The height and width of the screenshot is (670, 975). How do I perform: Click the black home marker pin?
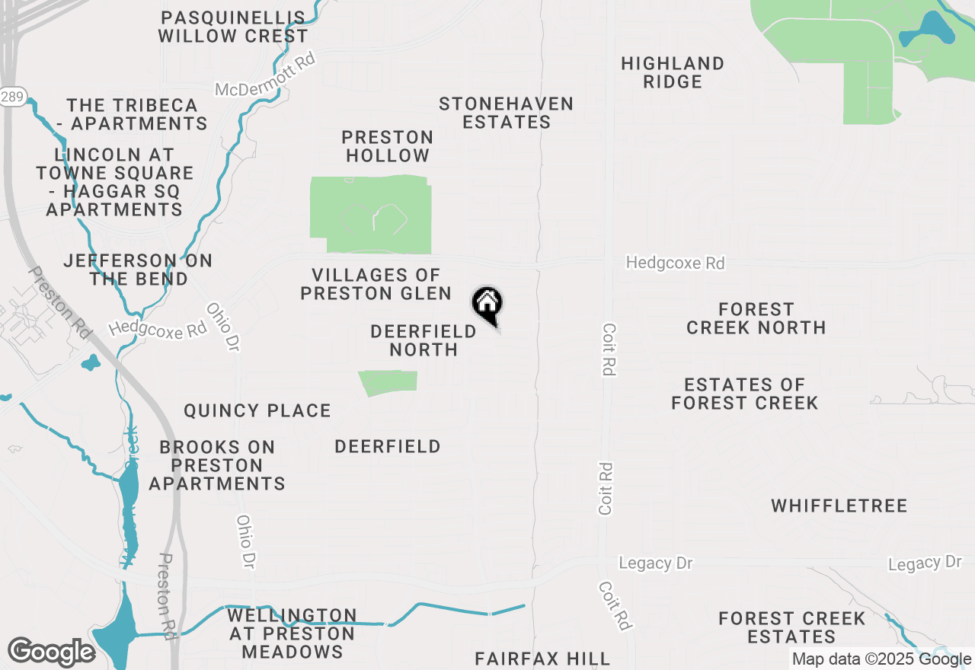pos(487,305)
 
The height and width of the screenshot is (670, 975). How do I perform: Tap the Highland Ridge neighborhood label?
pos(672,72)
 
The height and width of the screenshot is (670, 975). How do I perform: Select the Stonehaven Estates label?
pos(506,113)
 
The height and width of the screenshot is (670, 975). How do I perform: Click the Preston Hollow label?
pos(387,146)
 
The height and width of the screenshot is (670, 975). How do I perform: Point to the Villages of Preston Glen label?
pos(376,284)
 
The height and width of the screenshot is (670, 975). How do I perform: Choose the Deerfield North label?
pos(424,340)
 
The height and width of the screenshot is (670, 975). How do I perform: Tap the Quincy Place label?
pos(257,411)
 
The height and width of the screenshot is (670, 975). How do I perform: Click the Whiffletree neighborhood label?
pos(839,506)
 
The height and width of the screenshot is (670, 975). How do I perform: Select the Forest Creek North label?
pos(756,318)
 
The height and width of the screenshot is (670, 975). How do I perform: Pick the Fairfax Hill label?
pos(542,659)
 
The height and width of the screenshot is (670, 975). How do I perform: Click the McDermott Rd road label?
pos(265,75)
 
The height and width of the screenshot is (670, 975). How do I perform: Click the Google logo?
pos(51,652)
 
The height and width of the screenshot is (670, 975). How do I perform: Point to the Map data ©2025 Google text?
pos(881,660)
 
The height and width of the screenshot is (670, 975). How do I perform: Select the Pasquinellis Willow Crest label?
pos(232,27)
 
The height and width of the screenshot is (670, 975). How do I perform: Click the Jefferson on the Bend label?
pos(138,270)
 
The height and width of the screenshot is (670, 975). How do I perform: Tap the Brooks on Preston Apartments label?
pos(217,464)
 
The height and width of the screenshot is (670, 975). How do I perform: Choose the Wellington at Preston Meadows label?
pos(292,633)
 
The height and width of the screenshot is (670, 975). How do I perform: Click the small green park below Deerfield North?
pos(389,382)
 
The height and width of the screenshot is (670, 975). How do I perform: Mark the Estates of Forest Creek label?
pos(744,394)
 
